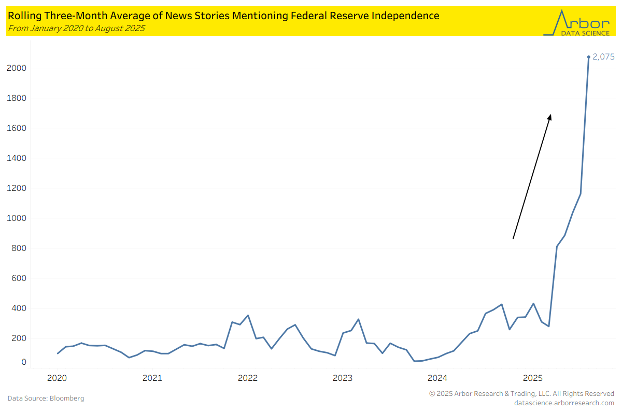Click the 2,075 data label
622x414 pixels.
point(603,57)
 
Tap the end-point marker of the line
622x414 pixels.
point(588,57)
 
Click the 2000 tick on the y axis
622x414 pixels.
point(17,68)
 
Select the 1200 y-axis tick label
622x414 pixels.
point(17,188)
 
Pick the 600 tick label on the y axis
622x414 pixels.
point(19,278)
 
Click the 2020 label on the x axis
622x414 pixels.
point(57,378)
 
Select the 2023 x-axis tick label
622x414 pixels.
point(343,378)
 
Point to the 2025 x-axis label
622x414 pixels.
point(533,378)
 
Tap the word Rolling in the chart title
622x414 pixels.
point(21,16)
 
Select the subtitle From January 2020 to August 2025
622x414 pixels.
point(76,28)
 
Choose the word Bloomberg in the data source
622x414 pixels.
point(66,398)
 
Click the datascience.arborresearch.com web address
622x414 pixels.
point(564,403)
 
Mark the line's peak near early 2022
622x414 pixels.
point(248,315)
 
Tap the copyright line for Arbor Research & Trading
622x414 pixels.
point(521,394)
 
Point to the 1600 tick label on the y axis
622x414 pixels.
point(17,128)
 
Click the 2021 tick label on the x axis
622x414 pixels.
point(152,378)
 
